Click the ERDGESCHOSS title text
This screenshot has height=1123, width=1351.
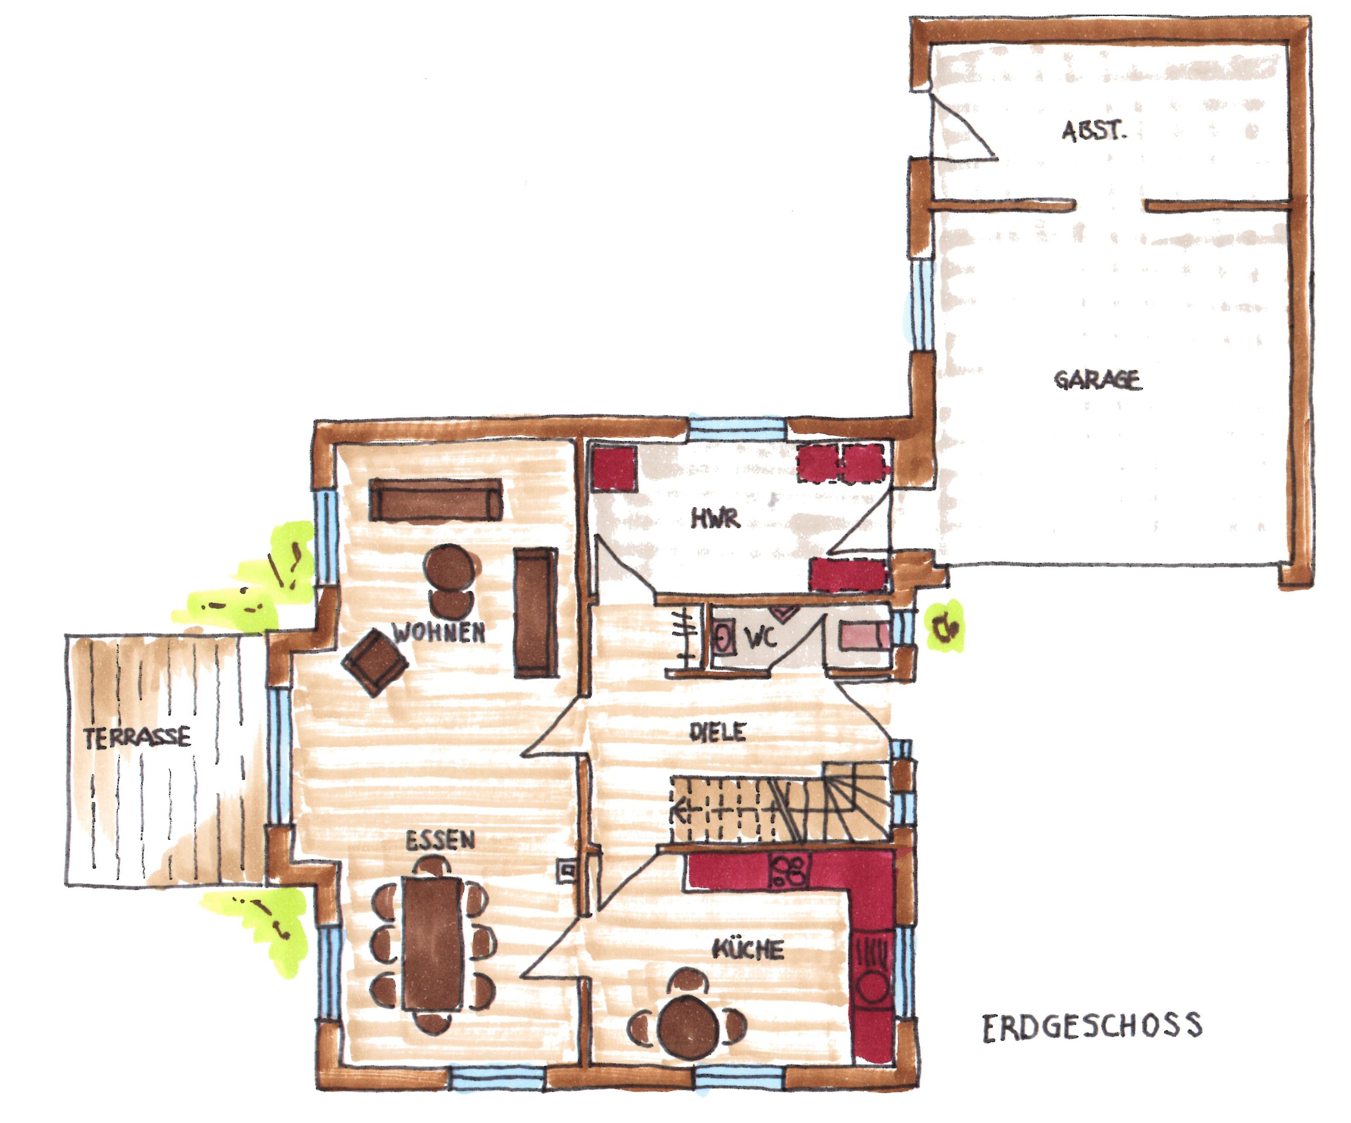[1092, 1026]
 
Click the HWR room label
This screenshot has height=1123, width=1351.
[716, 519]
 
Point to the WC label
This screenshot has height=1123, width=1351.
[761, 638]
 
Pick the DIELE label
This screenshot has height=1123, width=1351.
[717, 732]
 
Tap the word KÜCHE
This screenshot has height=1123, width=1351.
[748, 949]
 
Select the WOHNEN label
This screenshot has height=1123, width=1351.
[439, 633]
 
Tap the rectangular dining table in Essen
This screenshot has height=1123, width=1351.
[433, 944]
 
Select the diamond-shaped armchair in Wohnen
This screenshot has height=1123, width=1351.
[375, 662]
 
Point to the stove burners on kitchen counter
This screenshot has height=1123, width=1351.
[789, 871]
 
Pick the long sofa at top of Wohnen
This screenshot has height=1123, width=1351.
[435, 500]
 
